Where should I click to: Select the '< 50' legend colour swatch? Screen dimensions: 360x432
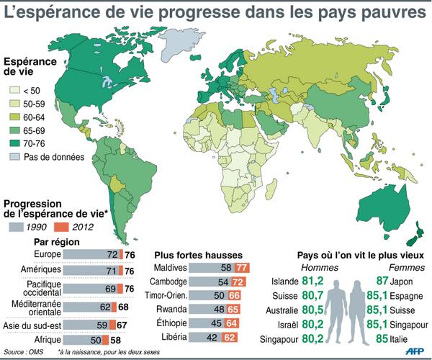point(14,91)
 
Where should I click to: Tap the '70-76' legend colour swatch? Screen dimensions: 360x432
point(14,143)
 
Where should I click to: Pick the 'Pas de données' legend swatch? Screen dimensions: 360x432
point(14,157)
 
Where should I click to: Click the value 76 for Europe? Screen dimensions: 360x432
point(130,255)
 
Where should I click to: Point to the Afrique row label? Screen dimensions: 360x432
point(49,338)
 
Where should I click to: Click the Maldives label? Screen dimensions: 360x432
point(171,268)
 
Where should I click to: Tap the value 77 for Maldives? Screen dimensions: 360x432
point(242,268)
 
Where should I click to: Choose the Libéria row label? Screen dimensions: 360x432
point(174,336)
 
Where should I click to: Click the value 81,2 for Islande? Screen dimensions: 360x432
point(312,281)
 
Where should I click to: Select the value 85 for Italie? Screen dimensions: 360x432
point(380,336)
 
